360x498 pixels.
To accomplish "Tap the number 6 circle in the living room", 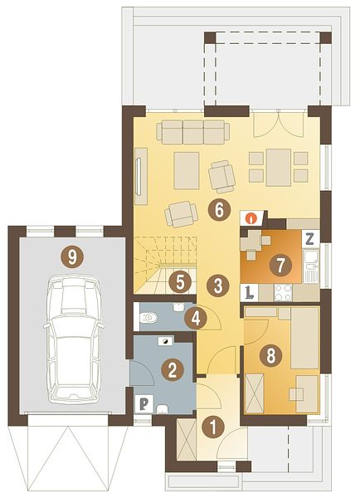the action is coord(219,210).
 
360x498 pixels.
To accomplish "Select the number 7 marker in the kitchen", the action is coord(280,266).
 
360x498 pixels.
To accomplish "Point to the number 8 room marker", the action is coord(270,355).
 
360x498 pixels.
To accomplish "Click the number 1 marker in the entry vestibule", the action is coord(213,427).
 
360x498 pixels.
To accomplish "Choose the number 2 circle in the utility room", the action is coord(172,370).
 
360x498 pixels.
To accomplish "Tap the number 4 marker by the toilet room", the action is coord(196,319).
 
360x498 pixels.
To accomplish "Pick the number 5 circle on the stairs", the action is coord(180,283).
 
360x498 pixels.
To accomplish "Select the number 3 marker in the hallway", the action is coord(217,286).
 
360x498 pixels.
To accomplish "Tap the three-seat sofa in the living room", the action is coord(193,132).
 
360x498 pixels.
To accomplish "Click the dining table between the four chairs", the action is coord(279,168).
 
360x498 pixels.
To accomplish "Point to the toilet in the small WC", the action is coord(148,317).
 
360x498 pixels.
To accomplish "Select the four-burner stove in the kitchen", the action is coord(283,292).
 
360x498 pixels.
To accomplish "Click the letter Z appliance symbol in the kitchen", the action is coord(309,239).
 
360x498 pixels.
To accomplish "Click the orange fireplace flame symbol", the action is coord(252,218).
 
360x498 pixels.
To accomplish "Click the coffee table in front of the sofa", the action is coord(187,170).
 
